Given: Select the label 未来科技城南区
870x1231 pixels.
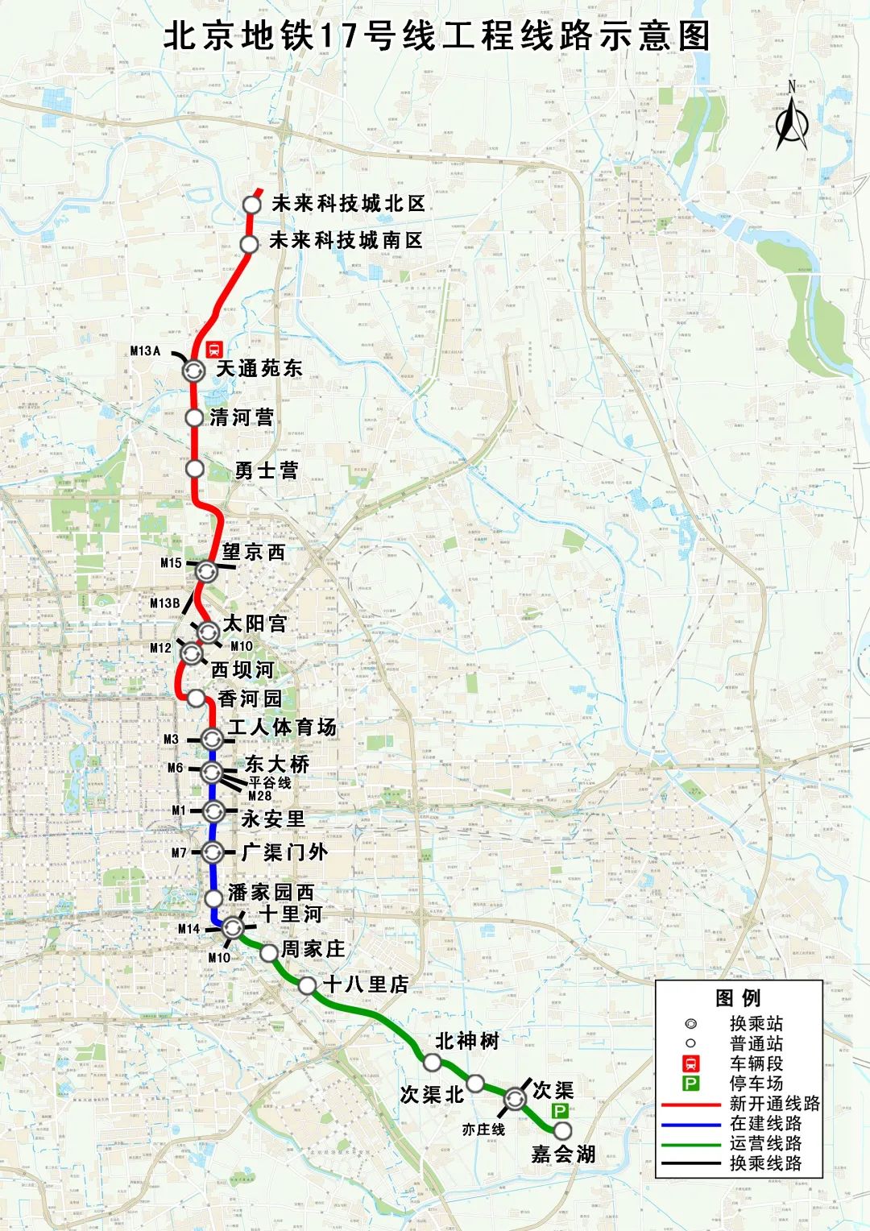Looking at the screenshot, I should (346, 240).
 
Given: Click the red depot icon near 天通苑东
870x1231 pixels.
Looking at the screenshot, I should (214, 349).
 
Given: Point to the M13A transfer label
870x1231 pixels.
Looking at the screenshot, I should (145, 350).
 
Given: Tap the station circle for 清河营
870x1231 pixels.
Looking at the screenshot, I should (194, 417).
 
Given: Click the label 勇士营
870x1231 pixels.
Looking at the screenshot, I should (267, 470).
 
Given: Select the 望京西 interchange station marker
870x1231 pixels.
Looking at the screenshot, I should (205, 571).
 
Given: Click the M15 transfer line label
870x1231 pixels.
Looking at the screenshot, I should (171, 563).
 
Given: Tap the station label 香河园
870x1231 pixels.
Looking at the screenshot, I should (250, 698).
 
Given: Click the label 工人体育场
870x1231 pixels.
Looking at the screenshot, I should (282, 727).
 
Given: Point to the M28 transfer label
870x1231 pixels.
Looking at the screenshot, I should (259, 795).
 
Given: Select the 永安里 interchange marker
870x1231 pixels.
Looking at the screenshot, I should (213, 811).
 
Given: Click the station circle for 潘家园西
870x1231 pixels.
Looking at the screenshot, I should (213, 898).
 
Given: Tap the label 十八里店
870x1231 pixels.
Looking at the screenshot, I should (366, 984).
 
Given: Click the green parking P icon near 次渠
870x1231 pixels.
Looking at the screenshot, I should (560, 1111).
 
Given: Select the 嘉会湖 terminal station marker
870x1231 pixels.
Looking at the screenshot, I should (562, 1130).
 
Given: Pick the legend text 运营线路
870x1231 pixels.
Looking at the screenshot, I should (765, 1143).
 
